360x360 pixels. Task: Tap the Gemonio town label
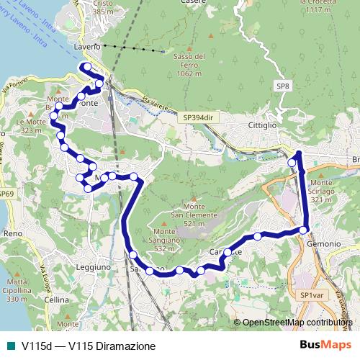[323, 244]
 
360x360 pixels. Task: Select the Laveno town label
[86, 48]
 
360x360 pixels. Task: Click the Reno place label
[12, 234]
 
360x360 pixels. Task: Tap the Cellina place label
[56, 299]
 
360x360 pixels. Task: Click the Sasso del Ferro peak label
[189, 65]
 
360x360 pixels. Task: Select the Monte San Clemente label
[190, 215]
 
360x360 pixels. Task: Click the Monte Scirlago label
[322, 191]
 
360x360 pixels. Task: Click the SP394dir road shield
[199, 116]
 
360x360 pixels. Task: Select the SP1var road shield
[312, 295]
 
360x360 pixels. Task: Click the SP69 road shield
[6, 194]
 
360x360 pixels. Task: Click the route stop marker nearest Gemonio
[304, 230]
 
